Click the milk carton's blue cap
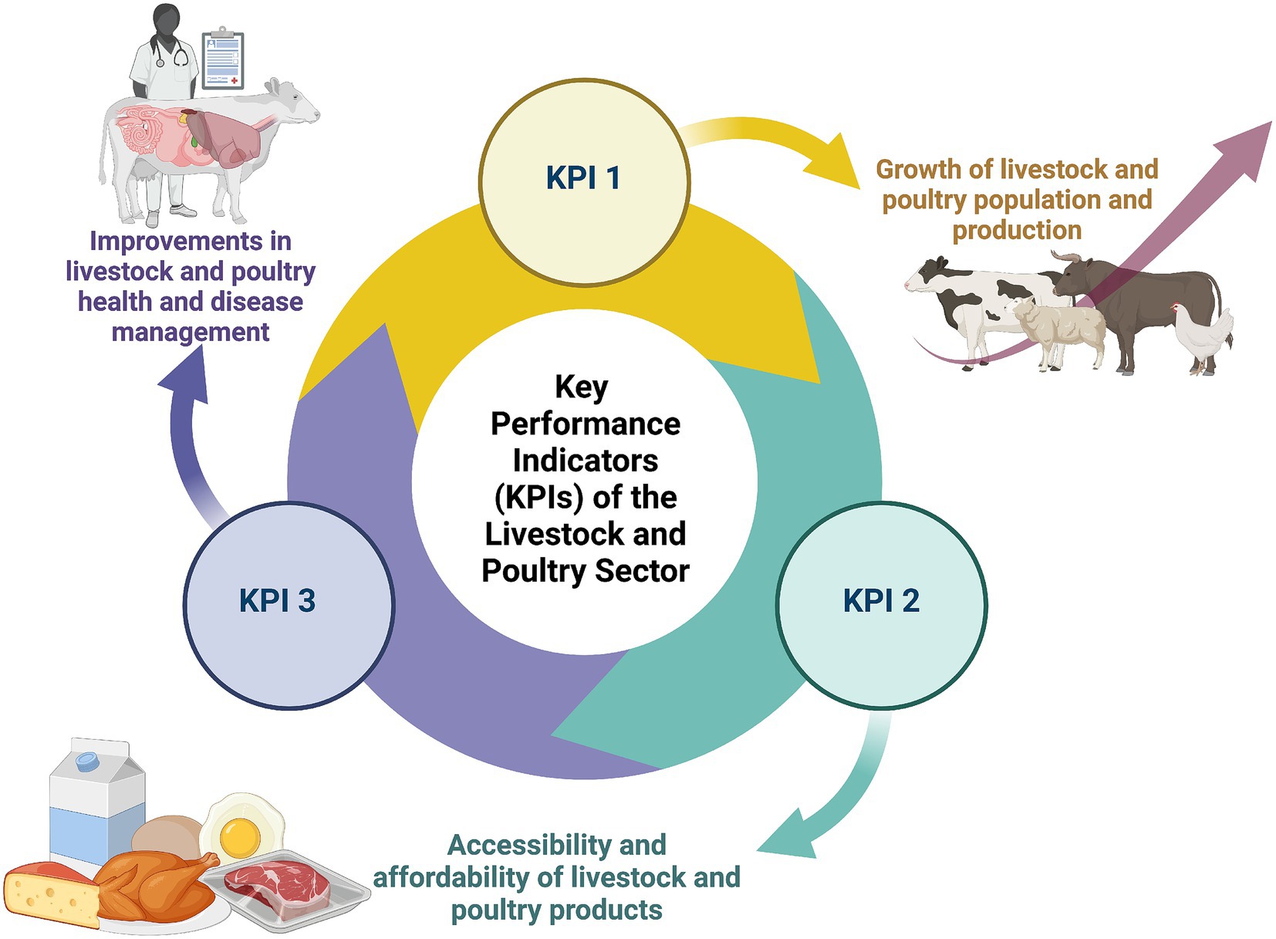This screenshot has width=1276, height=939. coord(86,762)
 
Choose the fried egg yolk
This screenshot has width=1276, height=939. coord(239,835)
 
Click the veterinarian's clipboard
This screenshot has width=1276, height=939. coord(223,60)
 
